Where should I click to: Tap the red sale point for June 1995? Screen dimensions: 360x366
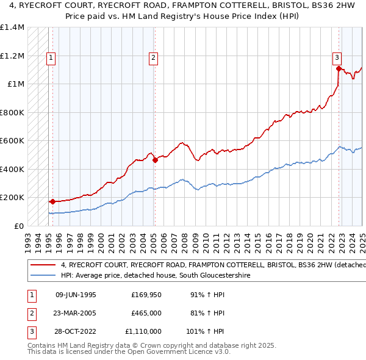click(52, 201)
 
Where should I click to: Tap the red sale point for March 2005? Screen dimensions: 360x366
click(155, 160)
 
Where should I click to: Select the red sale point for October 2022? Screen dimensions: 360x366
click(339, 68)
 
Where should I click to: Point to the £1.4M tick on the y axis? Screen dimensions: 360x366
click(12, 27)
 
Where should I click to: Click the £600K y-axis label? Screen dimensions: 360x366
click(12, 141)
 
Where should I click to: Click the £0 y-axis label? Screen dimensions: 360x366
click(20, 226)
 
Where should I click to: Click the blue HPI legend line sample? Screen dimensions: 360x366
click(43, 276)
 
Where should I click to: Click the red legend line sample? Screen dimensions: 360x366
click(43, 265)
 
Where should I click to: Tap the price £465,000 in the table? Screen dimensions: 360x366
click(146, 314)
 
